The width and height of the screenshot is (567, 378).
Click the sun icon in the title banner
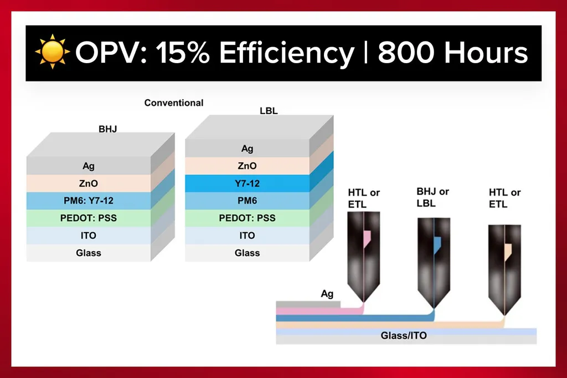(x=53, y=52)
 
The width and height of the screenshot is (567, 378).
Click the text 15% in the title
(x=183, y=53)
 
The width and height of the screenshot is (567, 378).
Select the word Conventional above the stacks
(x=174, y=103)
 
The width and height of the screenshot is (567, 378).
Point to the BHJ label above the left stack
(x=108, y=129)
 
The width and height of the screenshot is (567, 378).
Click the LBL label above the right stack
(x=269, y=111)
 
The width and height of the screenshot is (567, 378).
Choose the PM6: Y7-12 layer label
(x=89, y=201)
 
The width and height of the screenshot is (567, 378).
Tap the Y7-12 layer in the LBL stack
(x=248, y=183)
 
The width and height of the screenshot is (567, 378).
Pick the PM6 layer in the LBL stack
(x=248, y=201)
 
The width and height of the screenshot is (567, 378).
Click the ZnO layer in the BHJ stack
(x=89, y=183)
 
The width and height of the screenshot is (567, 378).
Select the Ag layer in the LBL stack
(x=248, y=149)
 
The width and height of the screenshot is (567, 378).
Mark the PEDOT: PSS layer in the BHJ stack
(x=89, y=218)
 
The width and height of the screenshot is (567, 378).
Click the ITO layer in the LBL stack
(x=248, y=236)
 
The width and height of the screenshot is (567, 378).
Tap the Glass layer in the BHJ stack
(x=89, y=253)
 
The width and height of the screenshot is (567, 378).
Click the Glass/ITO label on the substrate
(x=404, y=336)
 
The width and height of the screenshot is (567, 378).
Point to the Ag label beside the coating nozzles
(x=327, y=294)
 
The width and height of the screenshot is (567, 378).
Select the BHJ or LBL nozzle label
(x=432, y=197)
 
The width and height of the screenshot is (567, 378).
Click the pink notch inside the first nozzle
(x=368, y=239)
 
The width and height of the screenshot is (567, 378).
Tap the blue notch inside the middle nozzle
(x=437, y=245)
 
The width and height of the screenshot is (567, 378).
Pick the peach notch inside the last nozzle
(x=508, y=252)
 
